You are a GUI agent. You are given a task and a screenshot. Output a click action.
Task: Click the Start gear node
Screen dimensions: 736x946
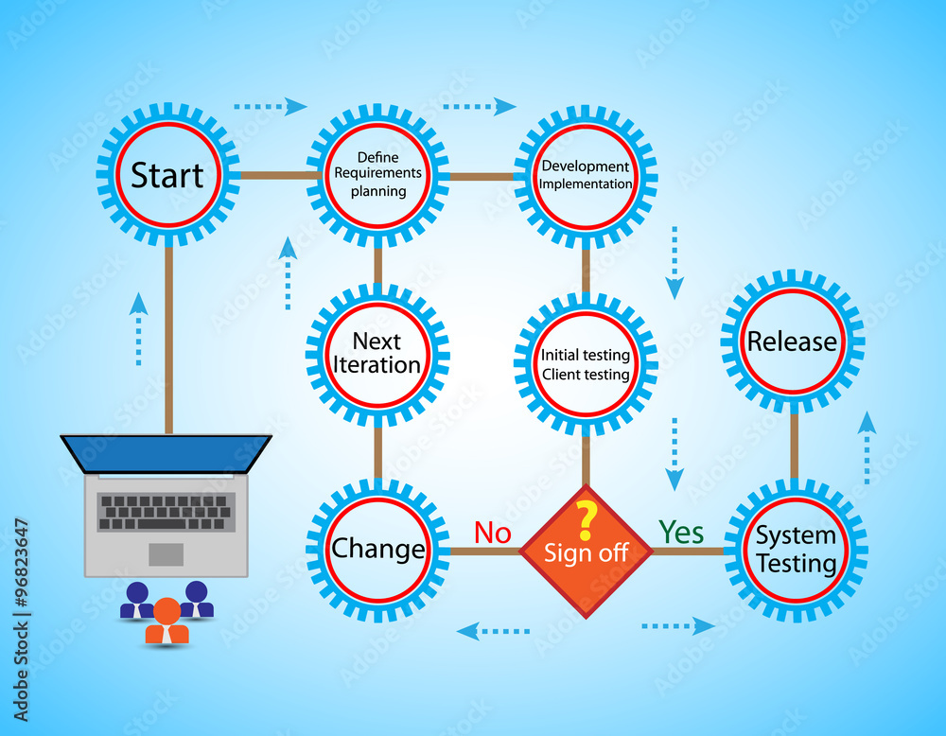click(167, 175)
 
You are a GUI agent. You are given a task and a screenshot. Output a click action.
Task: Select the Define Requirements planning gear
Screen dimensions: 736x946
click(377, 175)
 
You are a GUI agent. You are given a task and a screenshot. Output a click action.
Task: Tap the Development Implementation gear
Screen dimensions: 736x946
click(586, 175)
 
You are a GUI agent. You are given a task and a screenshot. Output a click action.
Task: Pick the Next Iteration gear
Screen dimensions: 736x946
click(377, 354)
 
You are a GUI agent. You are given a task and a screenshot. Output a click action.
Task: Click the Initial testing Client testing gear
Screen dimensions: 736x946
click(586, 364)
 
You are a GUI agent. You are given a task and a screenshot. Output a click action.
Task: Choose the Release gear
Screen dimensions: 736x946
click(793, 342)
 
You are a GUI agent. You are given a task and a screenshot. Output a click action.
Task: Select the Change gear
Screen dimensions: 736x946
click(377, 550)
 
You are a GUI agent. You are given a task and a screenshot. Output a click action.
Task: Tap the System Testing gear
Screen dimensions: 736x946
click(796, 550)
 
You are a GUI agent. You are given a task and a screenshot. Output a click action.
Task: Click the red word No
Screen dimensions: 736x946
click(492, 533)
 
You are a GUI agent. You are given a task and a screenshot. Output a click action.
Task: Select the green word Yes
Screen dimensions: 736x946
click(681, 533)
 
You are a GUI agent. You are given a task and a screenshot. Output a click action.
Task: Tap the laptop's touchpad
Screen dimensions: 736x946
click(166, 554)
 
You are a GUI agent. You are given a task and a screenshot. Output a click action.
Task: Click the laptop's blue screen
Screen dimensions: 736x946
click(166, 453)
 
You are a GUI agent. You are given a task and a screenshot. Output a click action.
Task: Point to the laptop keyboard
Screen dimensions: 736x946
click(166, 511)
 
